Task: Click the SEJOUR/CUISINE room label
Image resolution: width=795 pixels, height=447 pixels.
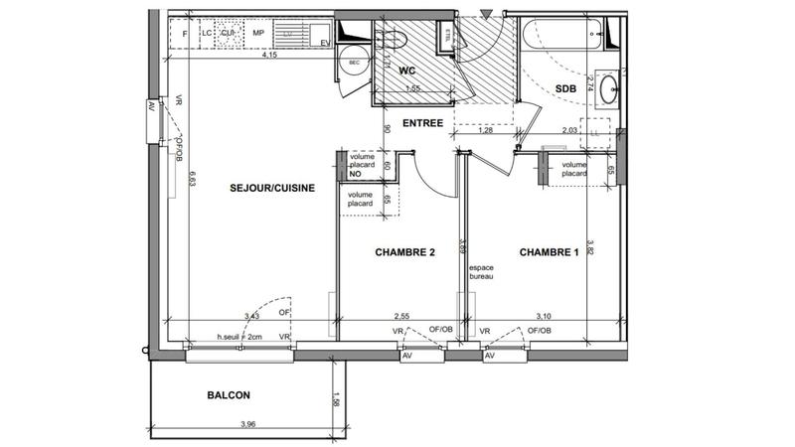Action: click(264, 187)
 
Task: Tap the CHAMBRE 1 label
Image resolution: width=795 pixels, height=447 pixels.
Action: click(549, 252)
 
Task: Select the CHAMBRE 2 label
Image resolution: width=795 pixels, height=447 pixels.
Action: click(404, 252)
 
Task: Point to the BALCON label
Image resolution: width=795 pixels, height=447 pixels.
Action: click(228, 395)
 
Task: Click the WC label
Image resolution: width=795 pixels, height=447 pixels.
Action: click(407, 72)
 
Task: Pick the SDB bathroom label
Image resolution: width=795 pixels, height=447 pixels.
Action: click(565, 88)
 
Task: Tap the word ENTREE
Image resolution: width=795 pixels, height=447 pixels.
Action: click(422, 123)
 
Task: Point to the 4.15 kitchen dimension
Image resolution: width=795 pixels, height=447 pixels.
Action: click(268, 56)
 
